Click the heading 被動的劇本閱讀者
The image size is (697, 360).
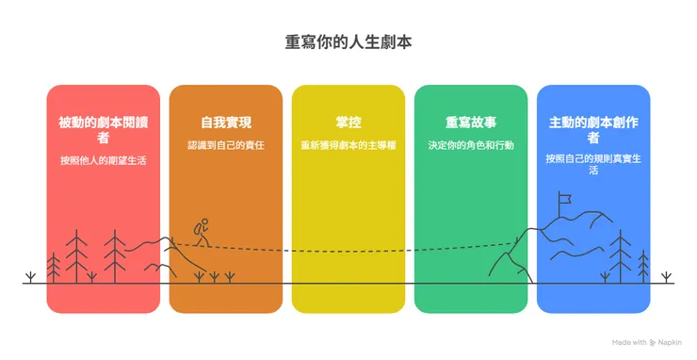104,130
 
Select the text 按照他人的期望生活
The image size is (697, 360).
104,160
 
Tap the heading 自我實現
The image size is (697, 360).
226,123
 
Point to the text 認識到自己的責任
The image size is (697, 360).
226,146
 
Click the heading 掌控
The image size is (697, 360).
348,123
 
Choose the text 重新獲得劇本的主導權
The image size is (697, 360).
348,146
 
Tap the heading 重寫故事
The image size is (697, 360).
470,123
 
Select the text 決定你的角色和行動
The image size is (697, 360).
470,146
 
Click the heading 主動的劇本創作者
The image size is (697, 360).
592,130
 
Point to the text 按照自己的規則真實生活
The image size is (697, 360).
592,160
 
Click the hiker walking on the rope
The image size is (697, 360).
202,232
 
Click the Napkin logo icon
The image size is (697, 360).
653,342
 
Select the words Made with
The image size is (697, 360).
628,342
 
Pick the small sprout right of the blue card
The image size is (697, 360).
666,277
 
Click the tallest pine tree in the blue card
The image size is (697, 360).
621,254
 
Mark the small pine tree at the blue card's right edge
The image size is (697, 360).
644,265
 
